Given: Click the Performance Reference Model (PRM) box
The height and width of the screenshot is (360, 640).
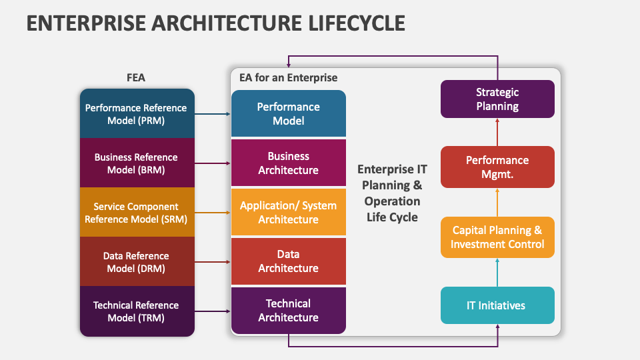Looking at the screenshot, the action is click(x=137, y=113).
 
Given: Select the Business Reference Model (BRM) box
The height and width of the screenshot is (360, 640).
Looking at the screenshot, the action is click(x=137, y=163).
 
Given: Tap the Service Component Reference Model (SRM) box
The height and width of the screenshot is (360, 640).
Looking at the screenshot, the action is click(x=137, y=212).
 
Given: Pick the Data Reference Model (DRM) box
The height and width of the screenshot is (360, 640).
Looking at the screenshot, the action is click(x=137, y=261).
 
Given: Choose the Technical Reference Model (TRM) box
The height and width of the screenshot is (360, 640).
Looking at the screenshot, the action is click(x=137, y=311).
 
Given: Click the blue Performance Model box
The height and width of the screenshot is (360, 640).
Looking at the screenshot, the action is click(x=289, y=113).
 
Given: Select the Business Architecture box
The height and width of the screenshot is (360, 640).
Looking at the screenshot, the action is click(x=289, y=163).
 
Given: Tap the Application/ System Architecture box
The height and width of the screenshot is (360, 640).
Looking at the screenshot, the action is click(x=289, y=212).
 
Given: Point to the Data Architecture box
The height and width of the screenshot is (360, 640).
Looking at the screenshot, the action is click(x=289, y=261).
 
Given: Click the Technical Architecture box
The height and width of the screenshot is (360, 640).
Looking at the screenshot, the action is click(x=289, y=311).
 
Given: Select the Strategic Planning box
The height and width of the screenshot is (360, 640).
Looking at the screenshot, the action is click(x=497, y=99).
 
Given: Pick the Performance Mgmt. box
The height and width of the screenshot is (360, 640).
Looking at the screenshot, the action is click(x=497, y=167).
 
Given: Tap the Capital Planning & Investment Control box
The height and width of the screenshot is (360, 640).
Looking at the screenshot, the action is click(x=497, y=237).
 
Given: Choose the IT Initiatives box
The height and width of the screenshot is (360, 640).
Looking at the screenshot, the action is click(x=497, y=305).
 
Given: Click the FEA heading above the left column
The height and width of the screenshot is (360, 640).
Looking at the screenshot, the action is click(x=136, y=77).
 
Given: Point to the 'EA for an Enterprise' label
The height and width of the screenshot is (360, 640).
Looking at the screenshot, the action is click(x=288, y=77).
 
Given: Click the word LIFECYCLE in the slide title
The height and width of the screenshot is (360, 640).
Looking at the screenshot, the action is click(x=357, y=23).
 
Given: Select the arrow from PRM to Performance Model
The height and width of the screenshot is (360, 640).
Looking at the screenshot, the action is click(x=213, y=114).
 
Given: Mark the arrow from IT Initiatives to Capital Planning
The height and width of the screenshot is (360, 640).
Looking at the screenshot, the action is click(x=497, y=272).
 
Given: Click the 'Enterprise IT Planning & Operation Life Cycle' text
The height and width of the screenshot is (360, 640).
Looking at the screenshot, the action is click(x=392, y=193).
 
